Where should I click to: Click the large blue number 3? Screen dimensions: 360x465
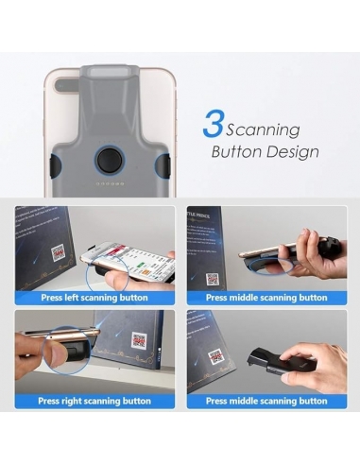tap(214, 124)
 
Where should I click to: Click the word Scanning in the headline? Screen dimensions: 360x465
tap(263, 130)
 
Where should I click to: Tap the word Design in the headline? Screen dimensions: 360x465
tap(292, 152)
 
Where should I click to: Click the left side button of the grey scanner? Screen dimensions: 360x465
tap(55, 165)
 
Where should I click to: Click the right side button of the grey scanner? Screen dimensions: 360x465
tap(163, 165)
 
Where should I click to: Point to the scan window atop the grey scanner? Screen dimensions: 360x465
tap(110, 73)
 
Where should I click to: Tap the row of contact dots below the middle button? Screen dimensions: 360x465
tap(110, 183)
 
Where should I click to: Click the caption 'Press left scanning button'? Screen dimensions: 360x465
tap(94, 298)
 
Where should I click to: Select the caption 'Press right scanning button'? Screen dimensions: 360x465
tap(94, 401)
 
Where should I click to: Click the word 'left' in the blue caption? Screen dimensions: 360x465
tap(71, 298)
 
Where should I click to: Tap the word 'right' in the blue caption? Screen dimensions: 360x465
tap(71, 402)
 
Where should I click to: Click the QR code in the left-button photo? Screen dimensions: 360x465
tap(60, 254)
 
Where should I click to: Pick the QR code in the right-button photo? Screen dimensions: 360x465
tap(139, 341)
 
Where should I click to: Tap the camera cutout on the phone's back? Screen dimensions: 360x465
tap(67, 85)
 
